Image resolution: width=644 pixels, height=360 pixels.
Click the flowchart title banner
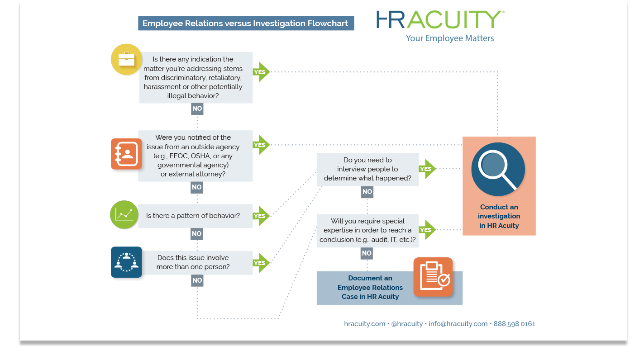[x=246, y=24]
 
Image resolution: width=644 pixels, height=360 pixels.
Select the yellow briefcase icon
[x=126, y=59]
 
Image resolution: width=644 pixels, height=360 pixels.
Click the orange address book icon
[x=126, y=154]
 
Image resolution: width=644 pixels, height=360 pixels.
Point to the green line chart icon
[x=124, y=214]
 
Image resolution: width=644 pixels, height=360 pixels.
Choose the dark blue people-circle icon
[x=126, y=262]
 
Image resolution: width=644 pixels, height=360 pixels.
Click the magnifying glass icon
[x=498, y=170]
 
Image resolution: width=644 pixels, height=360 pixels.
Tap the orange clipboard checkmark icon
[x=433, y=277]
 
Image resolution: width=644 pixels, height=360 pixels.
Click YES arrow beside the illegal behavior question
[x=262, y=72]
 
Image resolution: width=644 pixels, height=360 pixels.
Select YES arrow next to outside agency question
[x=262, y=145]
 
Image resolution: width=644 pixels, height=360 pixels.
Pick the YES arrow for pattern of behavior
[x=262, y=216]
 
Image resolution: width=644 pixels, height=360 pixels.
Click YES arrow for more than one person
[x=262, y=263]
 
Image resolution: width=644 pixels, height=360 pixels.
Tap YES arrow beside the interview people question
[x=427, y=169]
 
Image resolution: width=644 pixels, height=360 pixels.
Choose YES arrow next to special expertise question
[x=427, y=230]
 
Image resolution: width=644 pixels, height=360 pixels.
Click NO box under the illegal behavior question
[x=197, y=109]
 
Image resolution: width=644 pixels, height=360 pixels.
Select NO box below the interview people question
[x=367, y=192]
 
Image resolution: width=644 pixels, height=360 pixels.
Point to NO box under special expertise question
[x=367, y=253]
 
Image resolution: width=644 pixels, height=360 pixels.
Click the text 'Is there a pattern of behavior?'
[x=193, y=216]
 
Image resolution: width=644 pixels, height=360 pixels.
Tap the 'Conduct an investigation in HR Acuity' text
[x=499, y=216]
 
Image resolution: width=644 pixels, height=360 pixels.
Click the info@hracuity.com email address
[x=458, y=324]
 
